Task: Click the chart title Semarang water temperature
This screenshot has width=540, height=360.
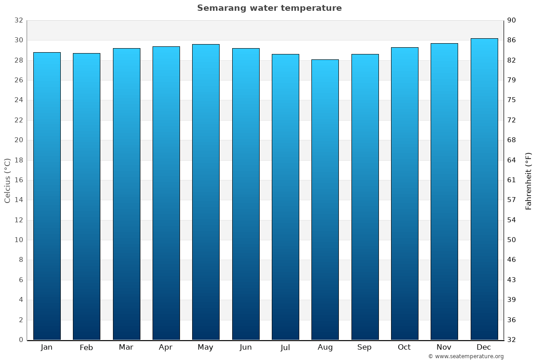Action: pyautogui.click(x=269, y=8)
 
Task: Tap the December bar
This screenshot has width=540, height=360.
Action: pyautogui.click(x=484, y=189)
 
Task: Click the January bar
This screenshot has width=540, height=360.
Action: pyautogui.click(x=47, y=196)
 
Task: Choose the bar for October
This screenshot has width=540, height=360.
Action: pyautogui.click(x=405, y=193)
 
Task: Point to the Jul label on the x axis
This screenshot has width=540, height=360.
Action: pyautogui.click(x=285, y=347)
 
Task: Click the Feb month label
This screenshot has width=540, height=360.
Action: pyautogui.click(x=86, y=347)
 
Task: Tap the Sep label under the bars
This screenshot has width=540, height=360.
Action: pyautogui.click(x=364, y=347)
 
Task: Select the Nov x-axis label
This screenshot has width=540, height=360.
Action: pyautogui.click(x=444, y=347)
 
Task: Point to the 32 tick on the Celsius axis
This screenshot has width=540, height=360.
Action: pyautogui.click(x=18, y=20)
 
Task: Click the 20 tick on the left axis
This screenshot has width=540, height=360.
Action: pyautogui.click(x=18, y=140)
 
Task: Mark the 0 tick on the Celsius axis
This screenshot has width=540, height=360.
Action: pyautogui.click(x=21, y=340)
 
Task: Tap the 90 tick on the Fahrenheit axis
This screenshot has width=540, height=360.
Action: pyautogui.click(x=512, y=20)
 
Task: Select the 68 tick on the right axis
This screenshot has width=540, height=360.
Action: pyautogui.click(x=512, y=140)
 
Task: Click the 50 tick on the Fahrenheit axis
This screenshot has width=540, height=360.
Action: pyautogui.click(x=512, y=240)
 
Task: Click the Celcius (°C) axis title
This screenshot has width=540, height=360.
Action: pyautogui.click(x=8, y=180)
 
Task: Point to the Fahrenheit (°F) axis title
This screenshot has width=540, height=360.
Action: pyautogui.click(x=528, y=180)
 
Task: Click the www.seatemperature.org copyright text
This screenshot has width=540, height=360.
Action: pyautogui.click(x=465, y=356)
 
